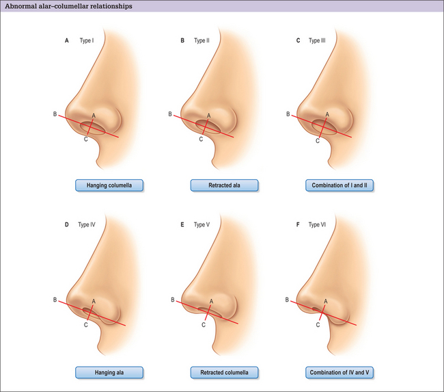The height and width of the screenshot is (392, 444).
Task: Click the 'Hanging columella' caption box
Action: coord(109,185)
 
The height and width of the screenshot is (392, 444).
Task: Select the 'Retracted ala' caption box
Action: coord(224,185)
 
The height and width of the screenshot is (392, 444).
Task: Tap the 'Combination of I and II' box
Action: coord(339,185)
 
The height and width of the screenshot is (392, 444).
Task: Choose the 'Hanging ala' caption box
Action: coord(109,372)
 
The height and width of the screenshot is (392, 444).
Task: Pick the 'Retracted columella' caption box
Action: coord(224,372)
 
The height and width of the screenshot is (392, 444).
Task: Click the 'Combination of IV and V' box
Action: coord(339,372)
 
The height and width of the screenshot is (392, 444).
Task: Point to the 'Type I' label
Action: coord(87,40)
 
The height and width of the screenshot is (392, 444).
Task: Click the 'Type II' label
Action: coord(202,40)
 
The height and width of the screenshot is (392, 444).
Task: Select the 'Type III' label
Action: coord(317,40)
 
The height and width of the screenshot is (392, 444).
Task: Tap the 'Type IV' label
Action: coord(87,224)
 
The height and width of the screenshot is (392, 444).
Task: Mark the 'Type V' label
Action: coord(202,224)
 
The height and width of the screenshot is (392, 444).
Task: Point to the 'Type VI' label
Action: coord(317,224)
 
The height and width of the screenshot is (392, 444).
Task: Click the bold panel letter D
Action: coord(67,224)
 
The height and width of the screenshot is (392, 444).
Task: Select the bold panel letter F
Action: coord(298,224)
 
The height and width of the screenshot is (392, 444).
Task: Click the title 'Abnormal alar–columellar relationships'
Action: coord(68,6)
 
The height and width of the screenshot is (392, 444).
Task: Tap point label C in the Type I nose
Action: coord(86,140)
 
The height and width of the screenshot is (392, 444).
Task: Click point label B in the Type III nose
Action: coord(288,114)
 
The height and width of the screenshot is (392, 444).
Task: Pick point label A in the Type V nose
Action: coord(211,301)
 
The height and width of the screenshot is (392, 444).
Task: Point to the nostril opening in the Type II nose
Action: coord(208,127)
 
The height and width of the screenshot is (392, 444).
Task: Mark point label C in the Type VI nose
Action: coord(318,325)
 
